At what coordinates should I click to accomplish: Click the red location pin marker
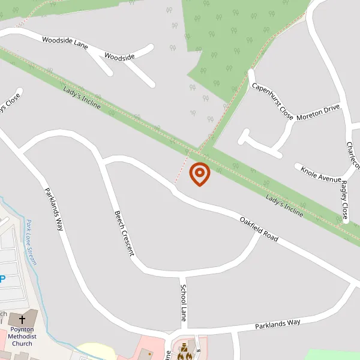pos(199,174)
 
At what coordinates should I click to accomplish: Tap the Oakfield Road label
pos(259,229)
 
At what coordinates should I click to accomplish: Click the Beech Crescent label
pos(124,233)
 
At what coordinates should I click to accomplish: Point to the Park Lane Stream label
pos(31,242)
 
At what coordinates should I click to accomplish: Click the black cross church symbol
pos(23,319)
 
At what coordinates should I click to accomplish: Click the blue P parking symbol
pos(2,279)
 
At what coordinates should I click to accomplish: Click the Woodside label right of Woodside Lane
pos(119,56)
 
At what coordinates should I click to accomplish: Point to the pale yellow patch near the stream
pos(96,351)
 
